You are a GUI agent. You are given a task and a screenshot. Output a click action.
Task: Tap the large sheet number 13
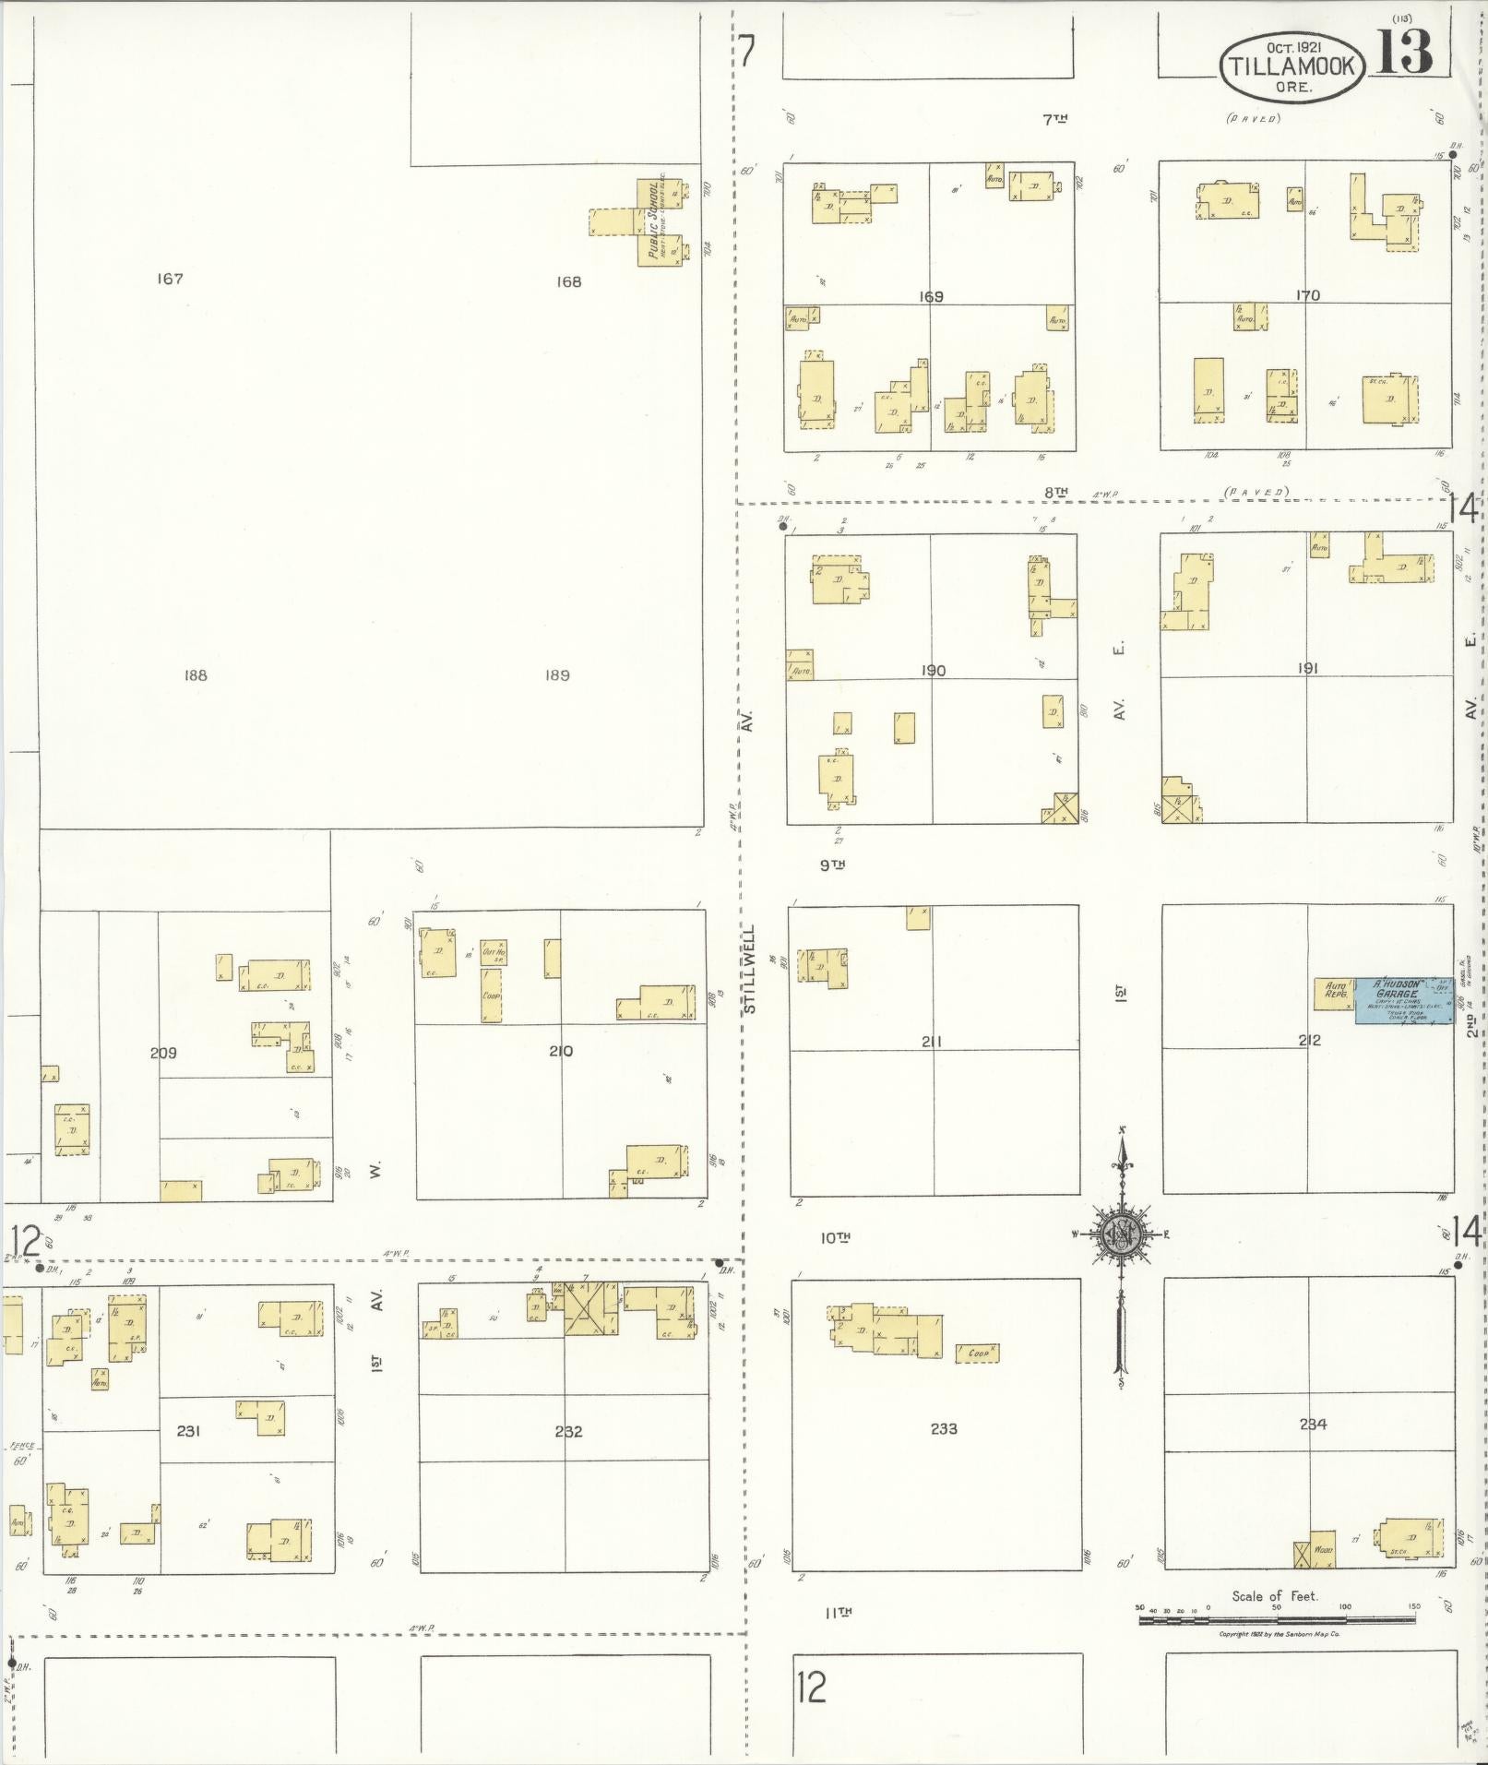click(1406, 52)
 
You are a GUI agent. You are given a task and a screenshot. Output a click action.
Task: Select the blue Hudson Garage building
click(1403, 1000)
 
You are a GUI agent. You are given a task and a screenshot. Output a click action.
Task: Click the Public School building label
click(654, 222)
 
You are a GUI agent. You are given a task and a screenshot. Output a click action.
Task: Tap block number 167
click(170, 279)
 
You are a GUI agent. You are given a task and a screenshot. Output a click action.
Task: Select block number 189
click(556, 675)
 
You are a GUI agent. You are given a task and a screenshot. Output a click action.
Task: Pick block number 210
click(561, 1051)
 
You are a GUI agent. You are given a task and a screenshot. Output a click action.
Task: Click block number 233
click(944, 1428)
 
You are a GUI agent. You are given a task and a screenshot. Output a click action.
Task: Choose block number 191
click(1307, 668)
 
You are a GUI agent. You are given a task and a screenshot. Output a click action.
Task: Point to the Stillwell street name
click(750, 969)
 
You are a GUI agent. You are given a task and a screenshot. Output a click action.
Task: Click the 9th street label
click(832, 865)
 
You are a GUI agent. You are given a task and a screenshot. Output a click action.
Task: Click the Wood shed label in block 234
click(1323, 1551)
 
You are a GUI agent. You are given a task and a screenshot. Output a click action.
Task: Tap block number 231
click(188, 1431)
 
